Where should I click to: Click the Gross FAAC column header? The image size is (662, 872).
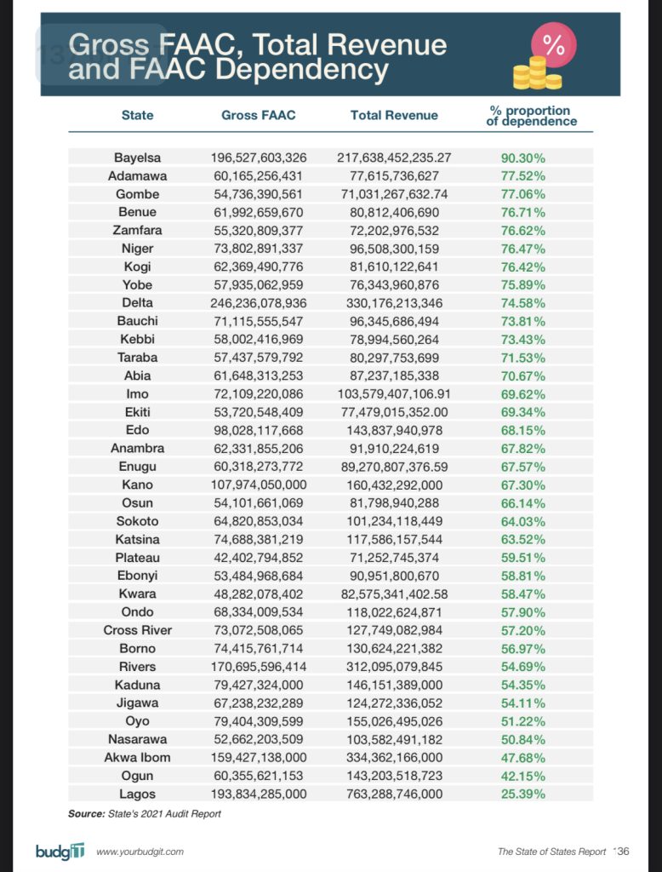coord(258,115)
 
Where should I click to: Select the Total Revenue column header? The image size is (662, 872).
coord(394,115)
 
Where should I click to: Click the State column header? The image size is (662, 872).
coord(137,115)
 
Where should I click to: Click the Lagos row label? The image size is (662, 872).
coord(137,794)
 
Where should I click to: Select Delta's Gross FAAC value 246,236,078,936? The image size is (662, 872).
coord(258,302)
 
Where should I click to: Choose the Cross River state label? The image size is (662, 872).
coord(137,630)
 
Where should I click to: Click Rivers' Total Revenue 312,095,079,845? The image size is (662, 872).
coord(394,666)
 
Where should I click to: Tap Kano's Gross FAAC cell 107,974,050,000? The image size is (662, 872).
coord(258,485)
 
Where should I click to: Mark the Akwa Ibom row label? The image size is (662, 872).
coord(137,757)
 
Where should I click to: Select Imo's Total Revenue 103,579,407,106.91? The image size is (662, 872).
coord(394,393)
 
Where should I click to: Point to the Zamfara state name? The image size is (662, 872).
coord(137,230)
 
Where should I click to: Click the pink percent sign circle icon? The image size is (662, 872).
coord(553,46)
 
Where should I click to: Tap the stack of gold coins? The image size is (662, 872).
coord(536,74)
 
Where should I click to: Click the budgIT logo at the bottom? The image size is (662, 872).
coord(60,851)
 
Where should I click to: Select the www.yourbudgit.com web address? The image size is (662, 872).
coord(140,852)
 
